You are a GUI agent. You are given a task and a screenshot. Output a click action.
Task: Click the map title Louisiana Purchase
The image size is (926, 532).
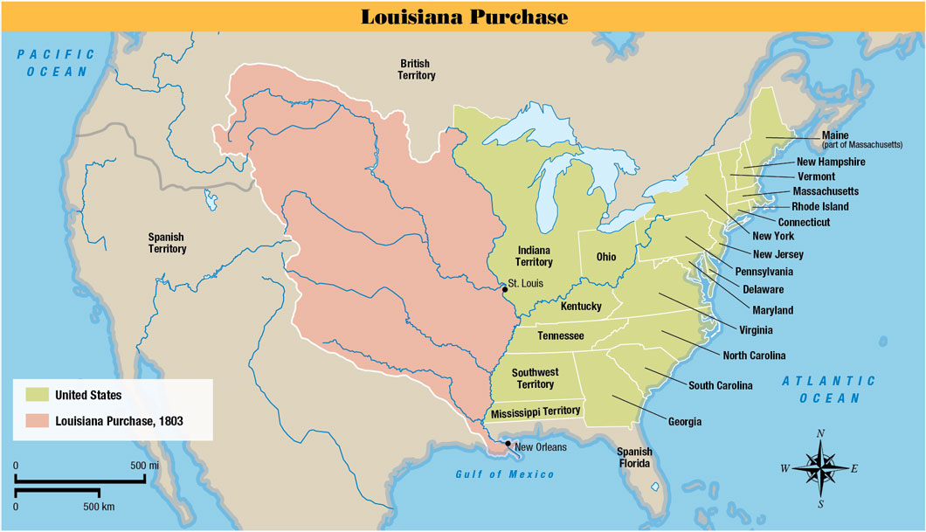[464, 17]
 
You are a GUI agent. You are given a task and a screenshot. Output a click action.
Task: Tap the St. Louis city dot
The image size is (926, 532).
[504, 289]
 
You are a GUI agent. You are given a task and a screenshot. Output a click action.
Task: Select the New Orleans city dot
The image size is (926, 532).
[508, 444]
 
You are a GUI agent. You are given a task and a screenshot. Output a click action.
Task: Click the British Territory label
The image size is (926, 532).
[418, 69]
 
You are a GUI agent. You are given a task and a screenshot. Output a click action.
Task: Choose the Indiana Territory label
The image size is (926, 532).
[534, 256]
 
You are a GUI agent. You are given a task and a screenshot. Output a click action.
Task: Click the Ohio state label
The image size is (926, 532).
[605, 258]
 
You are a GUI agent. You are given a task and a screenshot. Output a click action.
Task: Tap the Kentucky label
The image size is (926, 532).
[581, 306]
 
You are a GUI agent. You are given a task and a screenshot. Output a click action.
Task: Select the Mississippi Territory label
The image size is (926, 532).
[535, 411]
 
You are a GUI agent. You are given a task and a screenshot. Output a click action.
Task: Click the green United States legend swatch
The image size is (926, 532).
[36, 396]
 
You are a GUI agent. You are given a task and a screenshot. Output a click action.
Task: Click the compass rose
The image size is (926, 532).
[819, 467]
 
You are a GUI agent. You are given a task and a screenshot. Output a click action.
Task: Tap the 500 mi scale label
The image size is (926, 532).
[143, 466]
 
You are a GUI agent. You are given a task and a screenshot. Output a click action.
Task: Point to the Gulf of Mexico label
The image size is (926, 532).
[504, 474]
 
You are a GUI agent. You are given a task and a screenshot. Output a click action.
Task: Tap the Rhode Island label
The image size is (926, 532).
[819, 207]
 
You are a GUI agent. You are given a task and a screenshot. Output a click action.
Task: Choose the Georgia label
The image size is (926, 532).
[685, 422]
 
